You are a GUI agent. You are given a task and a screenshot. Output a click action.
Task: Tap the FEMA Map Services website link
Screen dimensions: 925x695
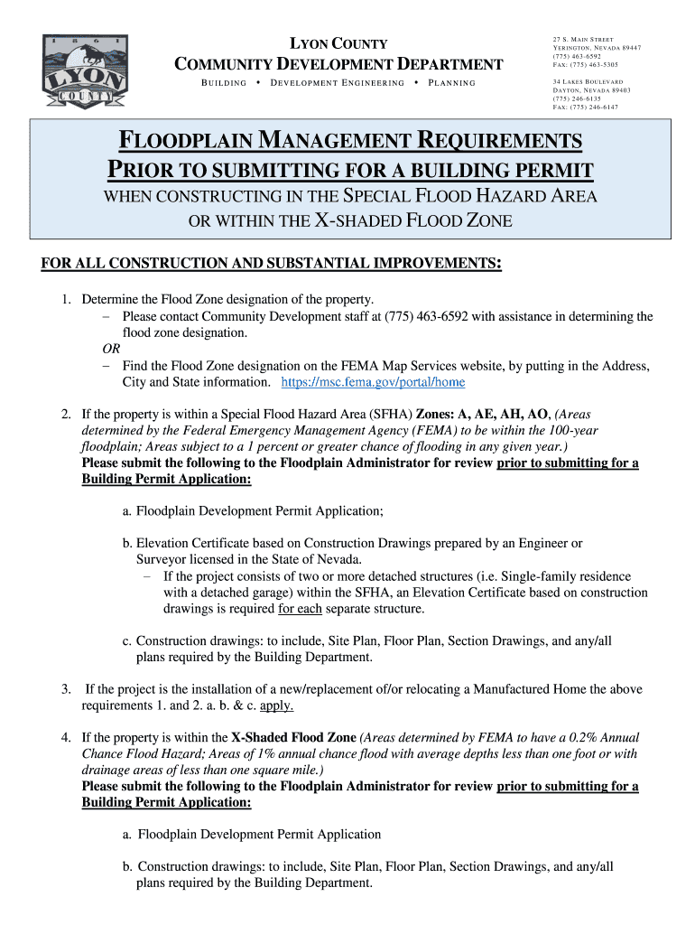pos(374,383)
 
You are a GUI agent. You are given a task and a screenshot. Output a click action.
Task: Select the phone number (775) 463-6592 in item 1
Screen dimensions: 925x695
pos(436,316)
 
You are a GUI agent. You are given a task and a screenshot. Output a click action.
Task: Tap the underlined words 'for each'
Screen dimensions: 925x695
pos(300,609)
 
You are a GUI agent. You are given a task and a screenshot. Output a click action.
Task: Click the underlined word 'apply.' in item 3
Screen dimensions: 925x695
pos(277,705)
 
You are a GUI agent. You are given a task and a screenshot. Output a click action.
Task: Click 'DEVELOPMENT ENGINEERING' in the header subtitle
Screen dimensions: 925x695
pos(338,83)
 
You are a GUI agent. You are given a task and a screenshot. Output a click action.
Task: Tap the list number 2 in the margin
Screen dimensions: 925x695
pos(66,414)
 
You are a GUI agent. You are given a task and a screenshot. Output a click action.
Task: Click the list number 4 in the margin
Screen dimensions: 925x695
pos(66,737)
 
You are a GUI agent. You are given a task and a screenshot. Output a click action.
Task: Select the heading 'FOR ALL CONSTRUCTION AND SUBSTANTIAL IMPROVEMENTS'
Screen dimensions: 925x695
pos(271,263)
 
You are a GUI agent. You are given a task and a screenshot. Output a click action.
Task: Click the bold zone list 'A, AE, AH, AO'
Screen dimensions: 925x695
pos(506,414)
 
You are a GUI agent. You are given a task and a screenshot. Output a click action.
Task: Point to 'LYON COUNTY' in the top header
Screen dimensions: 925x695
pos(338,44)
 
